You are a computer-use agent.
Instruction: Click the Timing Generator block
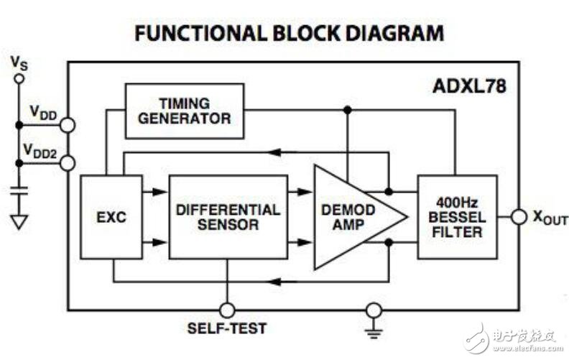click(185, 111)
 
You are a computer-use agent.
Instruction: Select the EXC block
click(111, 217)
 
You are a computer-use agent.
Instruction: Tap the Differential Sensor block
click(228, 217)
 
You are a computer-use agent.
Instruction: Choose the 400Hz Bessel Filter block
click(457, 217)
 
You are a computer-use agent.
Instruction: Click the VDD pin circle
click(68, 125)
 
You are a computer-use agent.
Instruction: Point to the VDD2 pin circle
click(68, 163)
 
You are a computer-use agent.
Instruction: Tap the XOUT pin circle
click(519, 217)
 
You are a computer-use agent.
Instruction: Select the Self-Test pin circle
click(228, 310)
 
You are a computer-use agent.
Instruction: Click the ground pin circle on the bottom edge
click(374, 310)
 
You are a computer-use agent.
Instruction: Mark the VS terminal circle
click(19, 78)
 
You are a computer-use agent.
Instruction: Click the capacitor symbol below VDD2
click(19, 191)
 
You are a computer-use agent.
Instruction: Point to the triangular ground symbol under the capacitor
click(19, 222)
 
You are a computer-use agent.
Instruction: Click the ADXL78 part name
click(469, 86)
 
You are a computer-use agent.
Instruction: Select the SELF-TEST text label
click(227, 328)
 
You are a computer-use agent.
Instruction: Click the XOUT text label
click(550, 218)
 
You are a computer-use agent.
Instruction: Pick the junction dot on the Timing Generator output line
click(348, 110)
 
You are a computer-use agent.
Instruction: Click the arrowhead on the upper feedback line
click(274, 152)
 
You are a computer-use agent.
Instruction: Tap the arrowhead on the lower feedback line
click(274, 281)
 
